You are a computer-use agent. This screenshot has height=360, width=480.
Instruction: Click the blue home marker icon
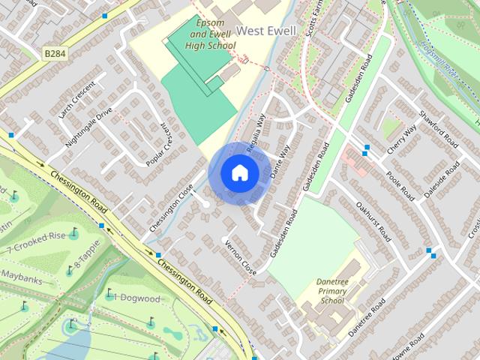239,173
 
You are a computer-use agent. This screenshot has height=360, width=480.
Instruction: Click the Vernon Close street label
241,257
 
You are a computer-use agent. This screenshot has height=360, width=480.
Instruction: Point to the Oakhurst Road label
373,220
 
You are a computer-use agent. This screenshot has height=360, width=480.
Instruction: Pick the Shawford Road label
439,129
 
